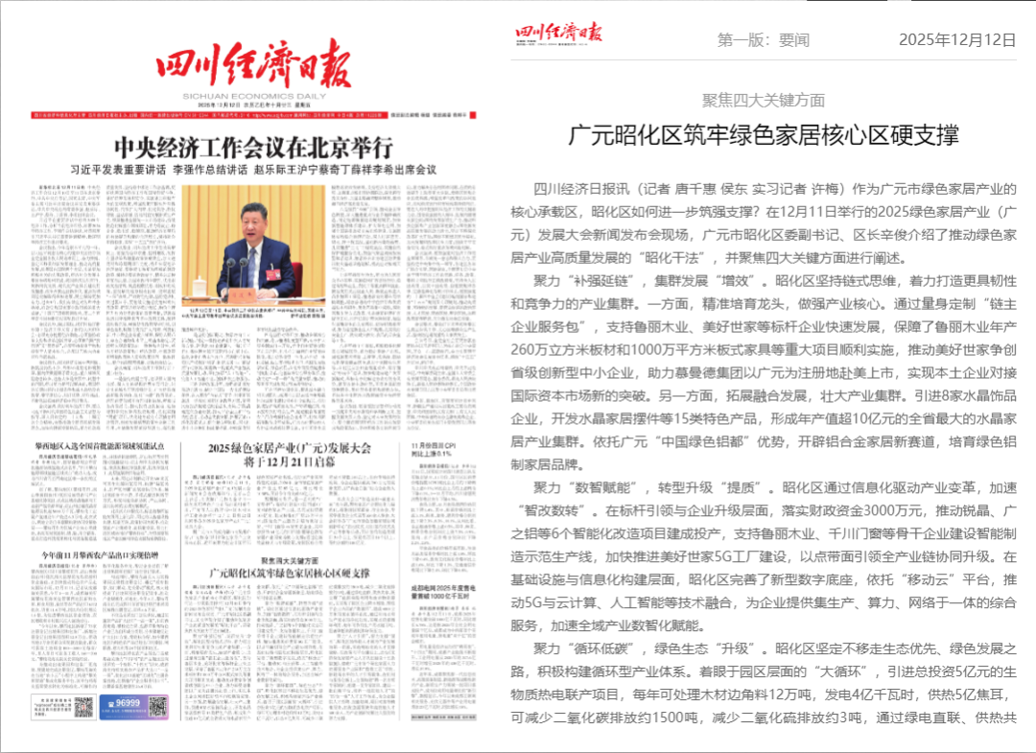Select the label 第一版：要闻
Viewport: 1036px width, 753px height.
click(x=764, y=40)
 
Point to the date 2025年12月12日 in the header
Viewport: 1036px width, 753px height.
click(x=956, y=40)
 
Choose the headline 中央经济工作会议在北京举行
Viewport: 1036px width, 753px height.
click(x=253, y=149)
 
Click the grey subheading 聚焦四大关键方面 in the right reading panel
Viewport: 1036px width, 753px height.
click(x=764, y=100)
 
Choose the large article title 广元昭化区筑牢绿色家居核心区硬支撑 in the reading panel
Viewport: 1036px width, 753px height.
click(x=764, y=134)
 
